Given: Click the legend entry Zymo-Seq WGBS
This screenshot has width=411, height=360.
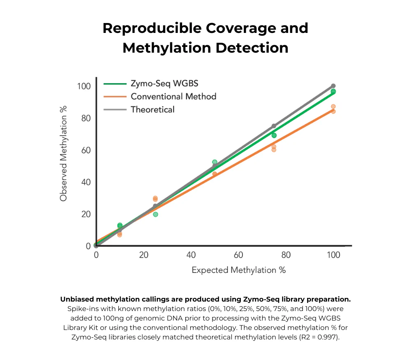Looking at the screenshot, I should tap(164, 84).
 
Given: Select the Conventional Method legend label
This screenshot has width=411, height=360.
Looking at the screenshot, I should tap(173, 97).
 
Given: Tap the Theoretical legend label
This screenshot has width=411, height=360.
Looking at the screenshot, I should tap(152, 109).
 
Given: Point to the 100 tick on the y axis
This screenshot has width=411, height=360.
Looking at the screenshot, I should tap(83, 86).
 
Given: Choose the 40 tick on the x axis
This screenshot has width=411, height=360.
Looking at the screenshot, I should tap(191, 255).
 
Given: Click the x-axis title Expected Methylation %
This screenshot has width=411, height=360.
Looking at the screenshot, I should tap(238, 270).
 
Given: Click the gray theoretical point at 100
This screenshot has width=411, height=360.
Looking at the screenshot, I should tap(333, 86).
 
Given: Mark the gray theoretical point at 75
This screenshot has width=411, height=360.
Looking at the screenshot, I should tap(274, 126).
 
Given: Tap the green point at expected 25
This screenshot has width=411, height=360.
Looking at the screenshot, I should tap(155, 214).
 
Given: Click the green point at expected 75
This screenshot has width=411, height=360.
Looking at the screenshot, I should tap(274, 135).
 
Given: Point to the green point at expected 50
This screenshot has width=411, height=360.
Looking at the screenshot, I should tap(215, 162).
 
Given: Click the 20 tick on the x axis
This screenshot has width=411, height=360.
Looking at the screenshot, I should tap(143, 255).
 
